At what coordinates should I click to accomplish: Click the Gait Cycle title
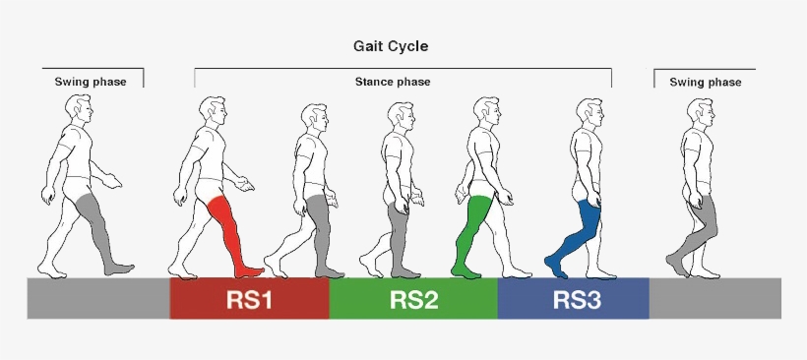[x=391, y=46]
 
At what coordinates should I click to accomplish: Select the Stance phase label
[x=393, y=82]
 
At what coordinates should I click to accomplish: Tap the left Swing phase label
[x=91, y=82]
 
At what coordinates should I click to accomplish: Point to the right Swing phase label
[x=705, y=82]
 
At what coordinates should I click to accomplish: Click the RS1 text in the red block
[x=249, y=300]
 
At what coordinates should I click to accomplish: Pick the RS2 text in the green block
[x=413, y=300]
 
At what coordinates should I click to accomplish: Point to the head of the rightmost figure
[x=695, y=111]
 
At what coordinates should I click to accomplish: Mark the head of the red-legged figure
[x=211, y=111]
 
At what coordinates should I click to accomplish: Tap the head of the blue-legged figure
[x=589, y=111]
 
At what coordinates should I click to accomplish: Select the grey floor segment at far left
[x=97, y=298]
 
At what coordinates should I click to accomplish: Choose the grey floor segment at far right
[x=715, y=298]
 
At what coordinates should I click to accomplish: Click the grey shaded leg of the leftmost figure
[x=99, y=226]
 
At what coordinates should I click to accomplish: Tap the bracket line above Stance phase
[x=403, y=69]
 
